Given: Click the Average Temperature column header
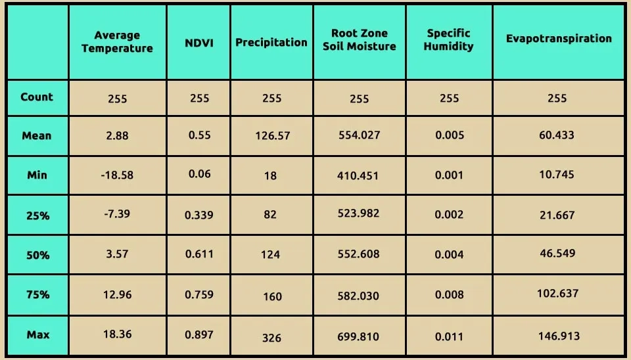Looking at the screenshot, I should pos(117,42).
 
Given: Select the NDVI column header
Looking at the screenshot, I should pos(199,43).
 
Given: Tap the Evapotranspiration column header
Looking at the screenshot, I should pos(559,38).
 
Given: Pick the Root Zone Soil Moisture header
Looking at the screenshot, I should pos(360,39).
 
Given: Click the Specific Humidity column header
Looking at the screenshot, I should pos(449,39).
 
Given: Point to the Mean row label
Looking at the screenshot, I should pos(37,135).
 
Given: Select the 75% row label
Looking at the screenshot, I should pos(37,294).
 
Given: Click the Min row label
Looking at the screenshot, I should pos(37,175).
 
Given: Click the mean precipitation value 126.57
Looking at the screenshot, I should pos(272,136).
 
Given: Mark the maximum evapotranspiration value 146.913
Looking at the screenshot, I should pos(558,336).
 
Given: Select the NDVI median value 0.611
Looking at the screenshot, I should pos(200,254).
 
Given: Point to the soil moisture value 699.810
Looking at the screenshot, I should pos(360,336).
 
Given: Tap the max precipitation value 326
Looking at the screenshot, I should pos(271,338).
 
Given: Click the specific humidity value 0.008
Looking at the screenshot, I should pos(450,295).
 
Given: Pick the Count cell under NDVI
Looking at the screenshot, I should pos(200,98).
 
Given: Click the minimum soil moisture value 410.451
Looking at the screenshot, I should pos(360,175).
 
